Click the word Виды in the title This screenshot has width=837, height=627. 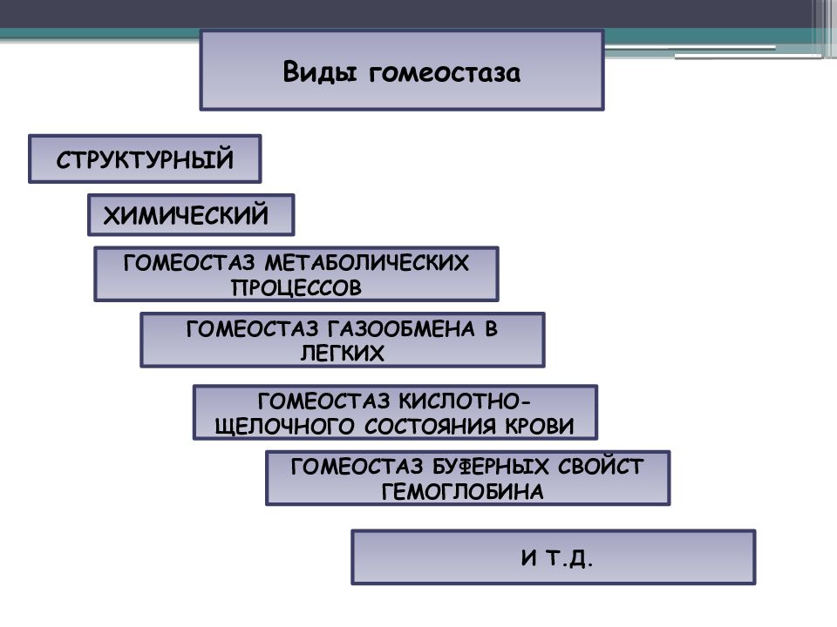[319, 72]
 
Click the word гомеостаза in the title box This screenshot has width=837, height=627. [444, 73]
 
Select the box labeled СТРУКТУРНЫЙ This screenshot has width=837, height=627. [145, 158]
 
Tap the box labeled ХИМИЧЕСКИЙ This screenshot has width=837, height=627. [191, 215]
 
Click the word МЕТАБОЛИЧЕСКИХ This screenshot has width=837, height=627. [367, 263]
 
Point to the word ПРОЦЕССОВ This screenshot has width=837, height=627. [296, 288]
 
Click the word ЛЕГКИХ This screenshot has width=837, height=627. [342, 354]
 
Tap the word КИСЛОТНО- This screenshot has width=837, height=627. [465, 401]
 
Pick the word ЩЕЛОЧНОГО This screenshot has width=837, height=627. [284, 427]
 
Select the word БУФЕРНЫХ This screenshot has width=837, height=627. [490, 467]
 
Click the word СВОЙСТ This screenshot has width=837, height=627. [601, 467]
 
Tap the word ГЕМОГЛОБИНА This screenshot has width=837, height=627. [463, 491]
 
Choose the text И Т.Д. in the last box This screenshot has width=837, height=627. [557, 558]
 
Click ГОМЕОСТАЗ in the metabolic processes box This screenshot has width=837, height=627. [189, 263]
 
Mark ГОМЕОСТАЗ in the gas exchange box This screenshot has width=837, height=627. [252, 329]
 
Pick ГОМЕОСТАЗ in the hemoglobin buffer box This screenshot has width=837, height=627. [357, 467]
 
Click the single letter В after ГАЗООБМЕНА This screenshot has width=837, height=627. [492, 329]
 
